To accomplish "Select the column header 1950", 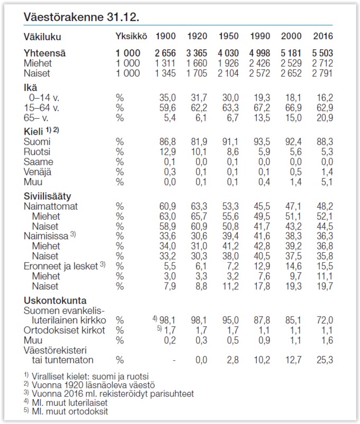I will click(228, 37).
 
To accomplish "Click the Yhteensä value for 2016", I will click(322, 53).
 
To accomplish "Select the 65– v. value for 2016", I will click(325, 117).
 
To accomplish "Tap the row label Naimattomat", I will click(51, 206).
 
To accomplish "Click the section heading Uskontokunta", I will click(55, 301).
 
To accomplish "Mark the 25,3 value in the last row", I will click(325, 360).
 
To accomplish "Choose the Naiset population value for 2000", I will click(292, 73).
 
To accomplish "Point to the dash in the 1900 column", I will click(174, 360).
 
